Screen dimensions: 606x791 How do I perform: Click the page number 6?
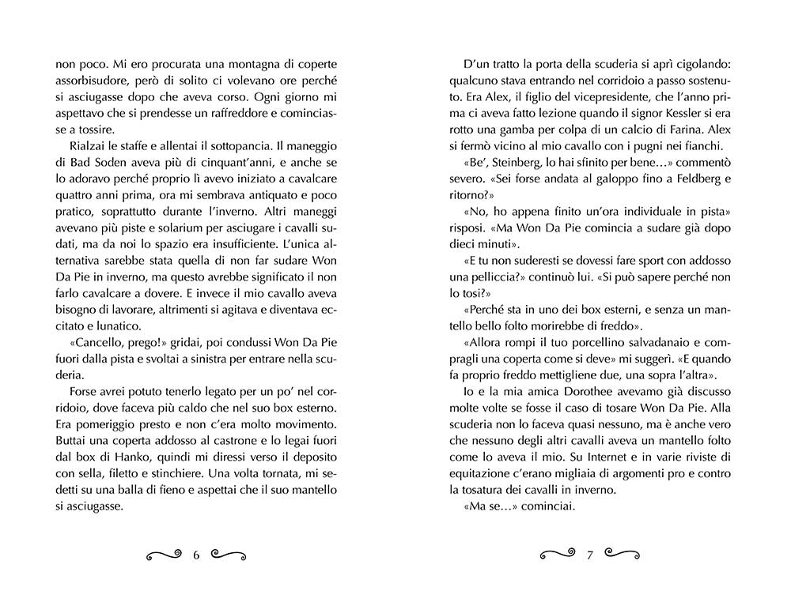195,555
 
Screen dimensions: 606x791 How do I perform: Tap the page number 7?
589,555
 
